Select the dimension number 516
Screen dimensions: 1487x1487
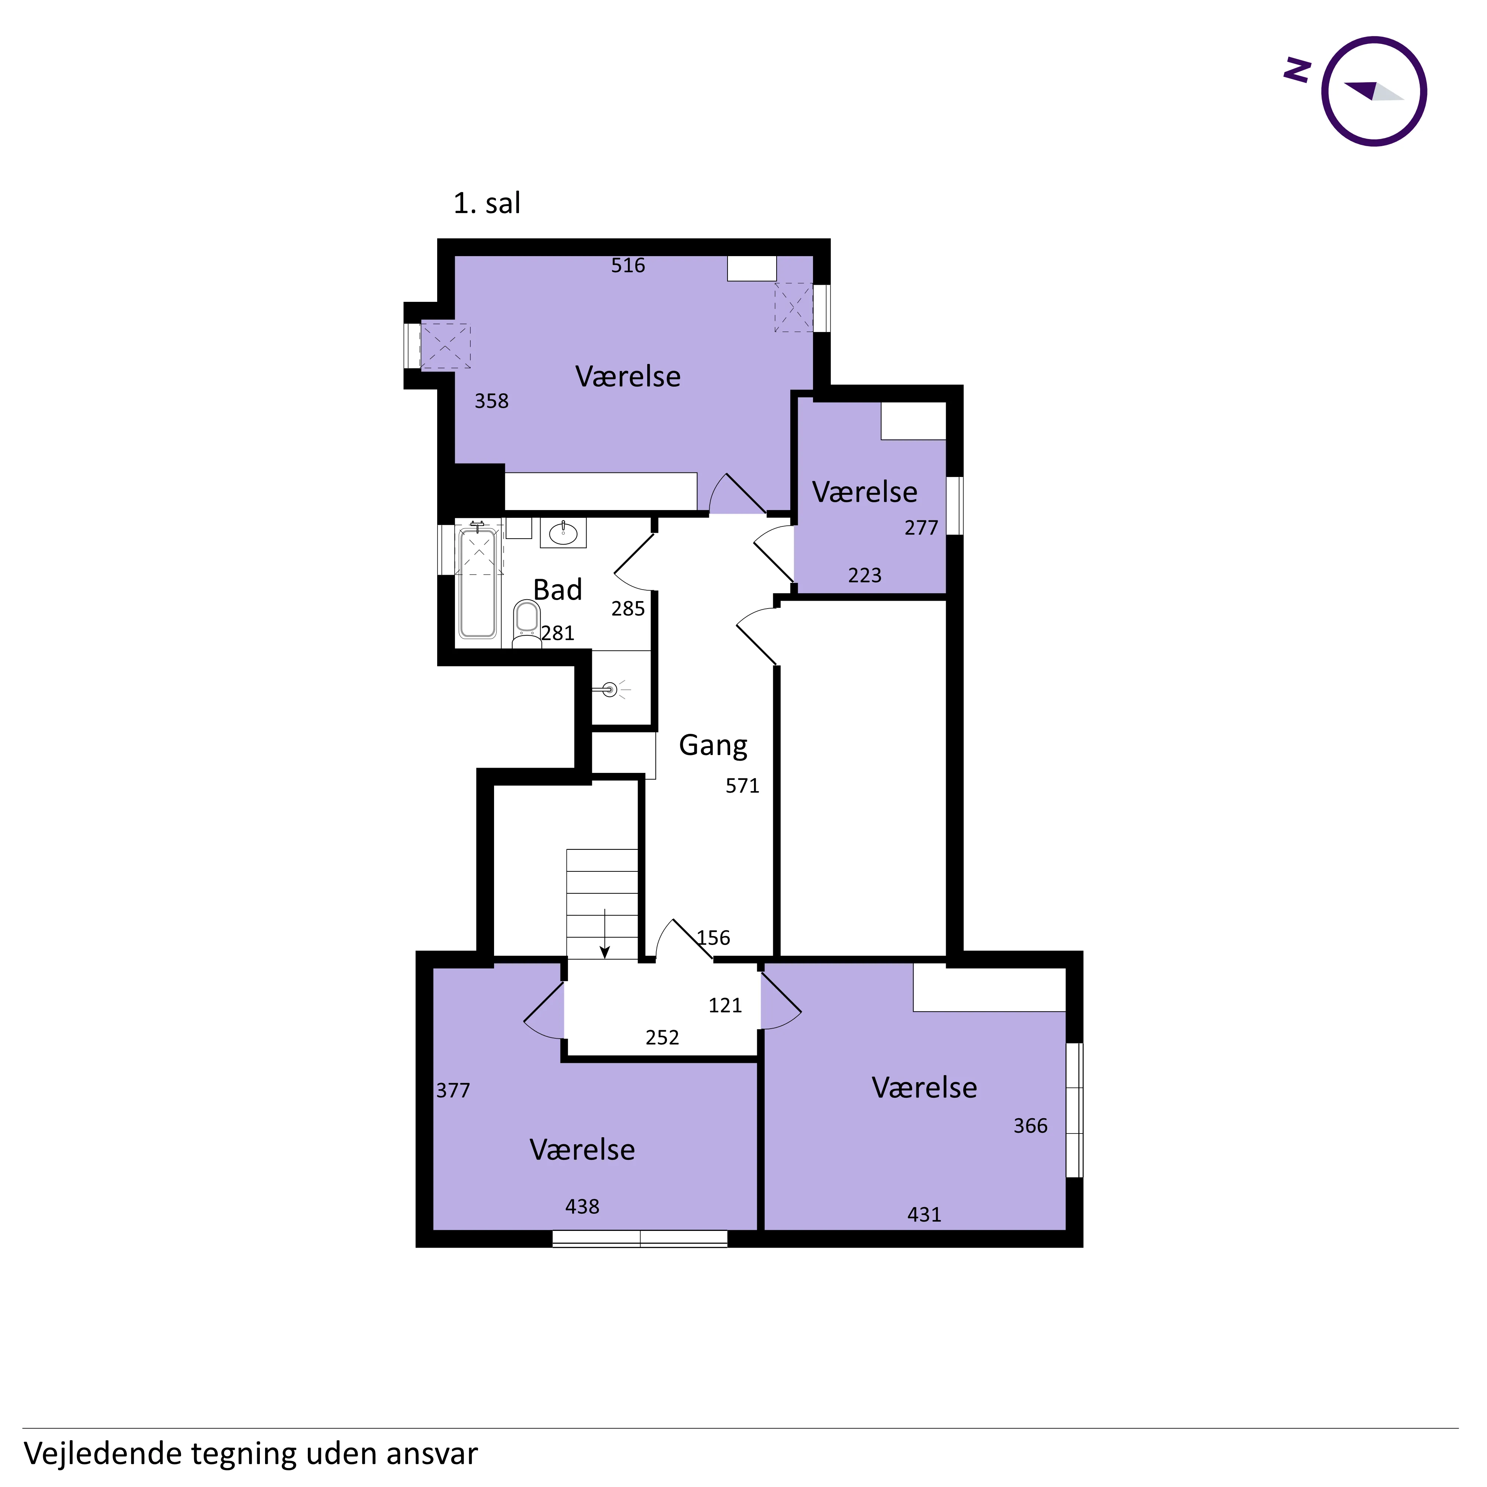click(x=628, y=265)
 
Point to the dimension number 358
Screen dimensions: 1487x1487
click(x=491, y=401)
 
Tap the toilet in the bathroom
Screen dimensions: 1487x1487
click(x=526, y=624)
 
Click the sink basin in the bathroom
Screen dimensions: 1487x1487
click(x=564, y=533)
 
